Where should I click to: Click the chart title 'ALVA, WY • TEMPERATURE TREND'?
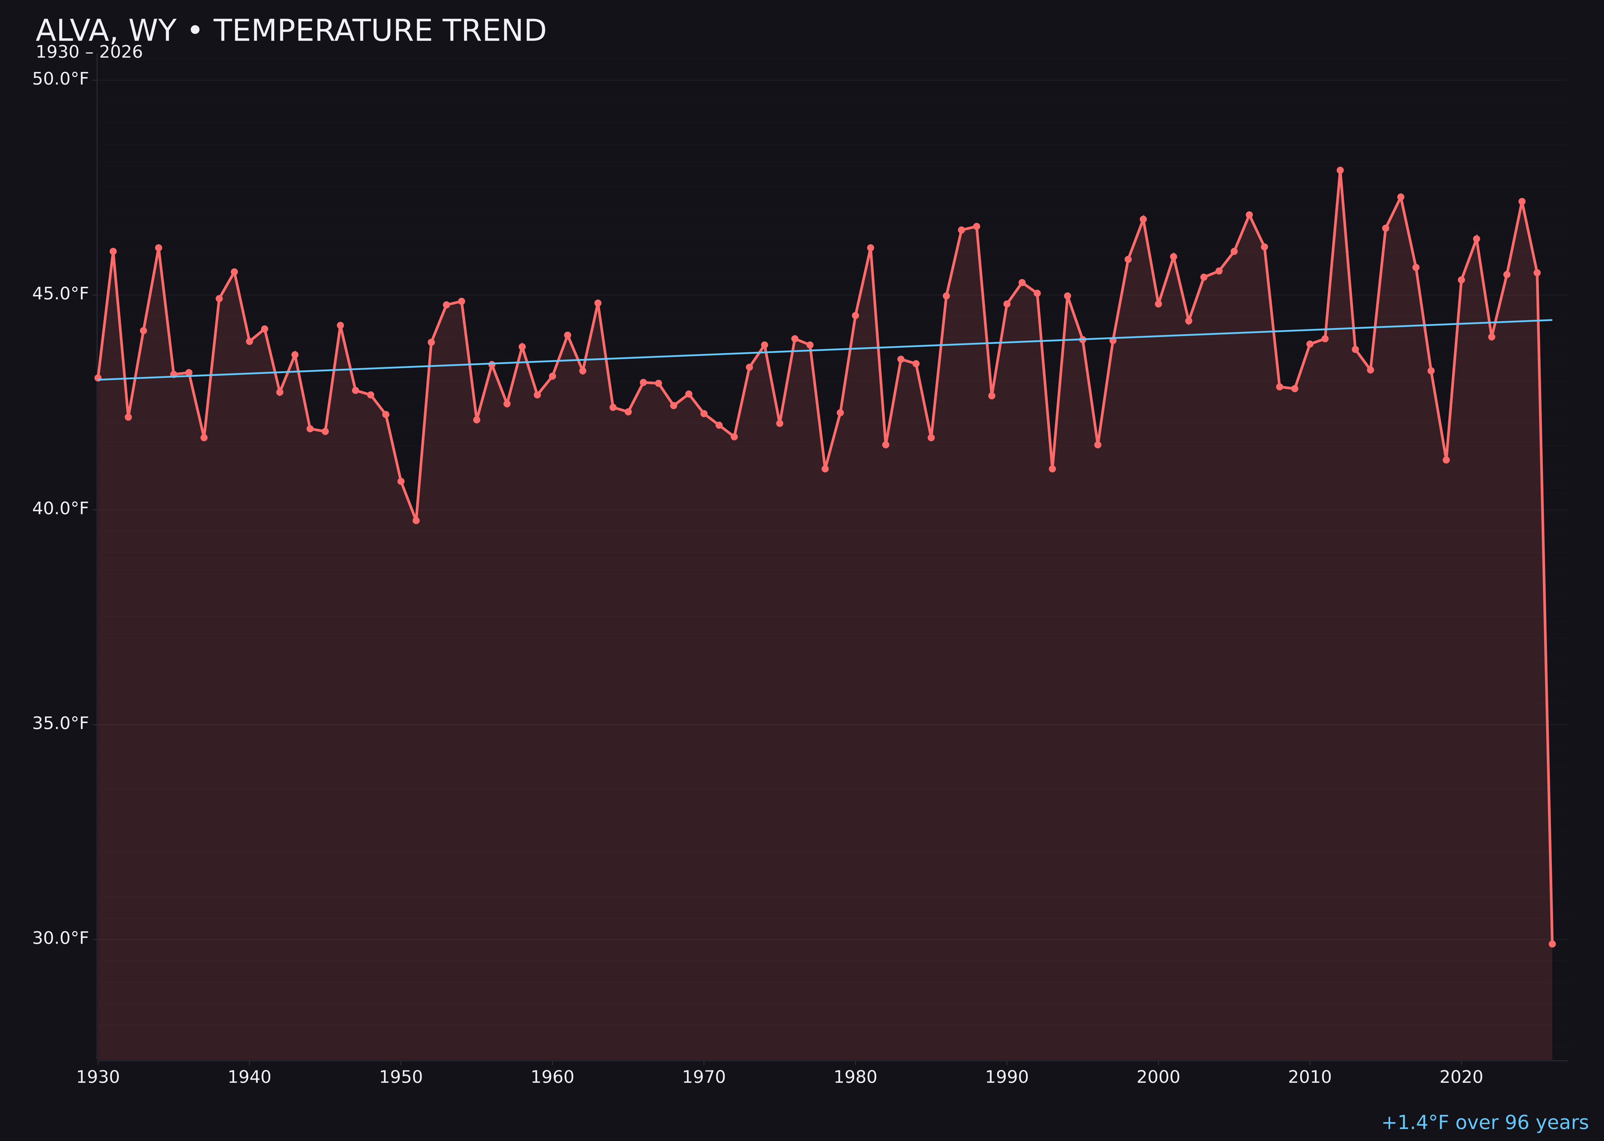(291, 31)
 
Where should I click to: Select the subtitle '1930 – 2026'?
(89, 53)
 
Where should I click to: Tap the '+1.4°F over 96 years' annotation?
(1485, 1123)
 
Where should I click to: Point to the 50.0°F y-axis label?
(61, 79)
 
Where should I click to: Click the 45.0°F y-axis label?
(61, 294)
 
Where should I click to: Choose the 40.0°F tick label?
(61, 509)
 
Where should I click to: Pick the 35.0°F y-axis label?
(61, 724)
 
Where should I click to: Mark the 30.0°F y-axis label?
(61, 939)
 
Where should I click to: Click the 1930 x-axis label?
(98, 1077)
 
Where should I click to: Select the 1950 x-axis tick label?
(401, 1077)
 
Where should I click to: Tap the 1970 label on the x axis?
(704, 1077)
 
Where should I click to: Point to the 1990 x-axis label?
(1007, 1077)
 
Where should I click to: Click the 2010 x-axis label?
(1310, 1077)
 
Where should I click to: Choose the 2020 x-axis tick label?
(1461, 1077)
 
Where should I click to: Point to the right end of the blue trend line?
(1551, 321)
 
